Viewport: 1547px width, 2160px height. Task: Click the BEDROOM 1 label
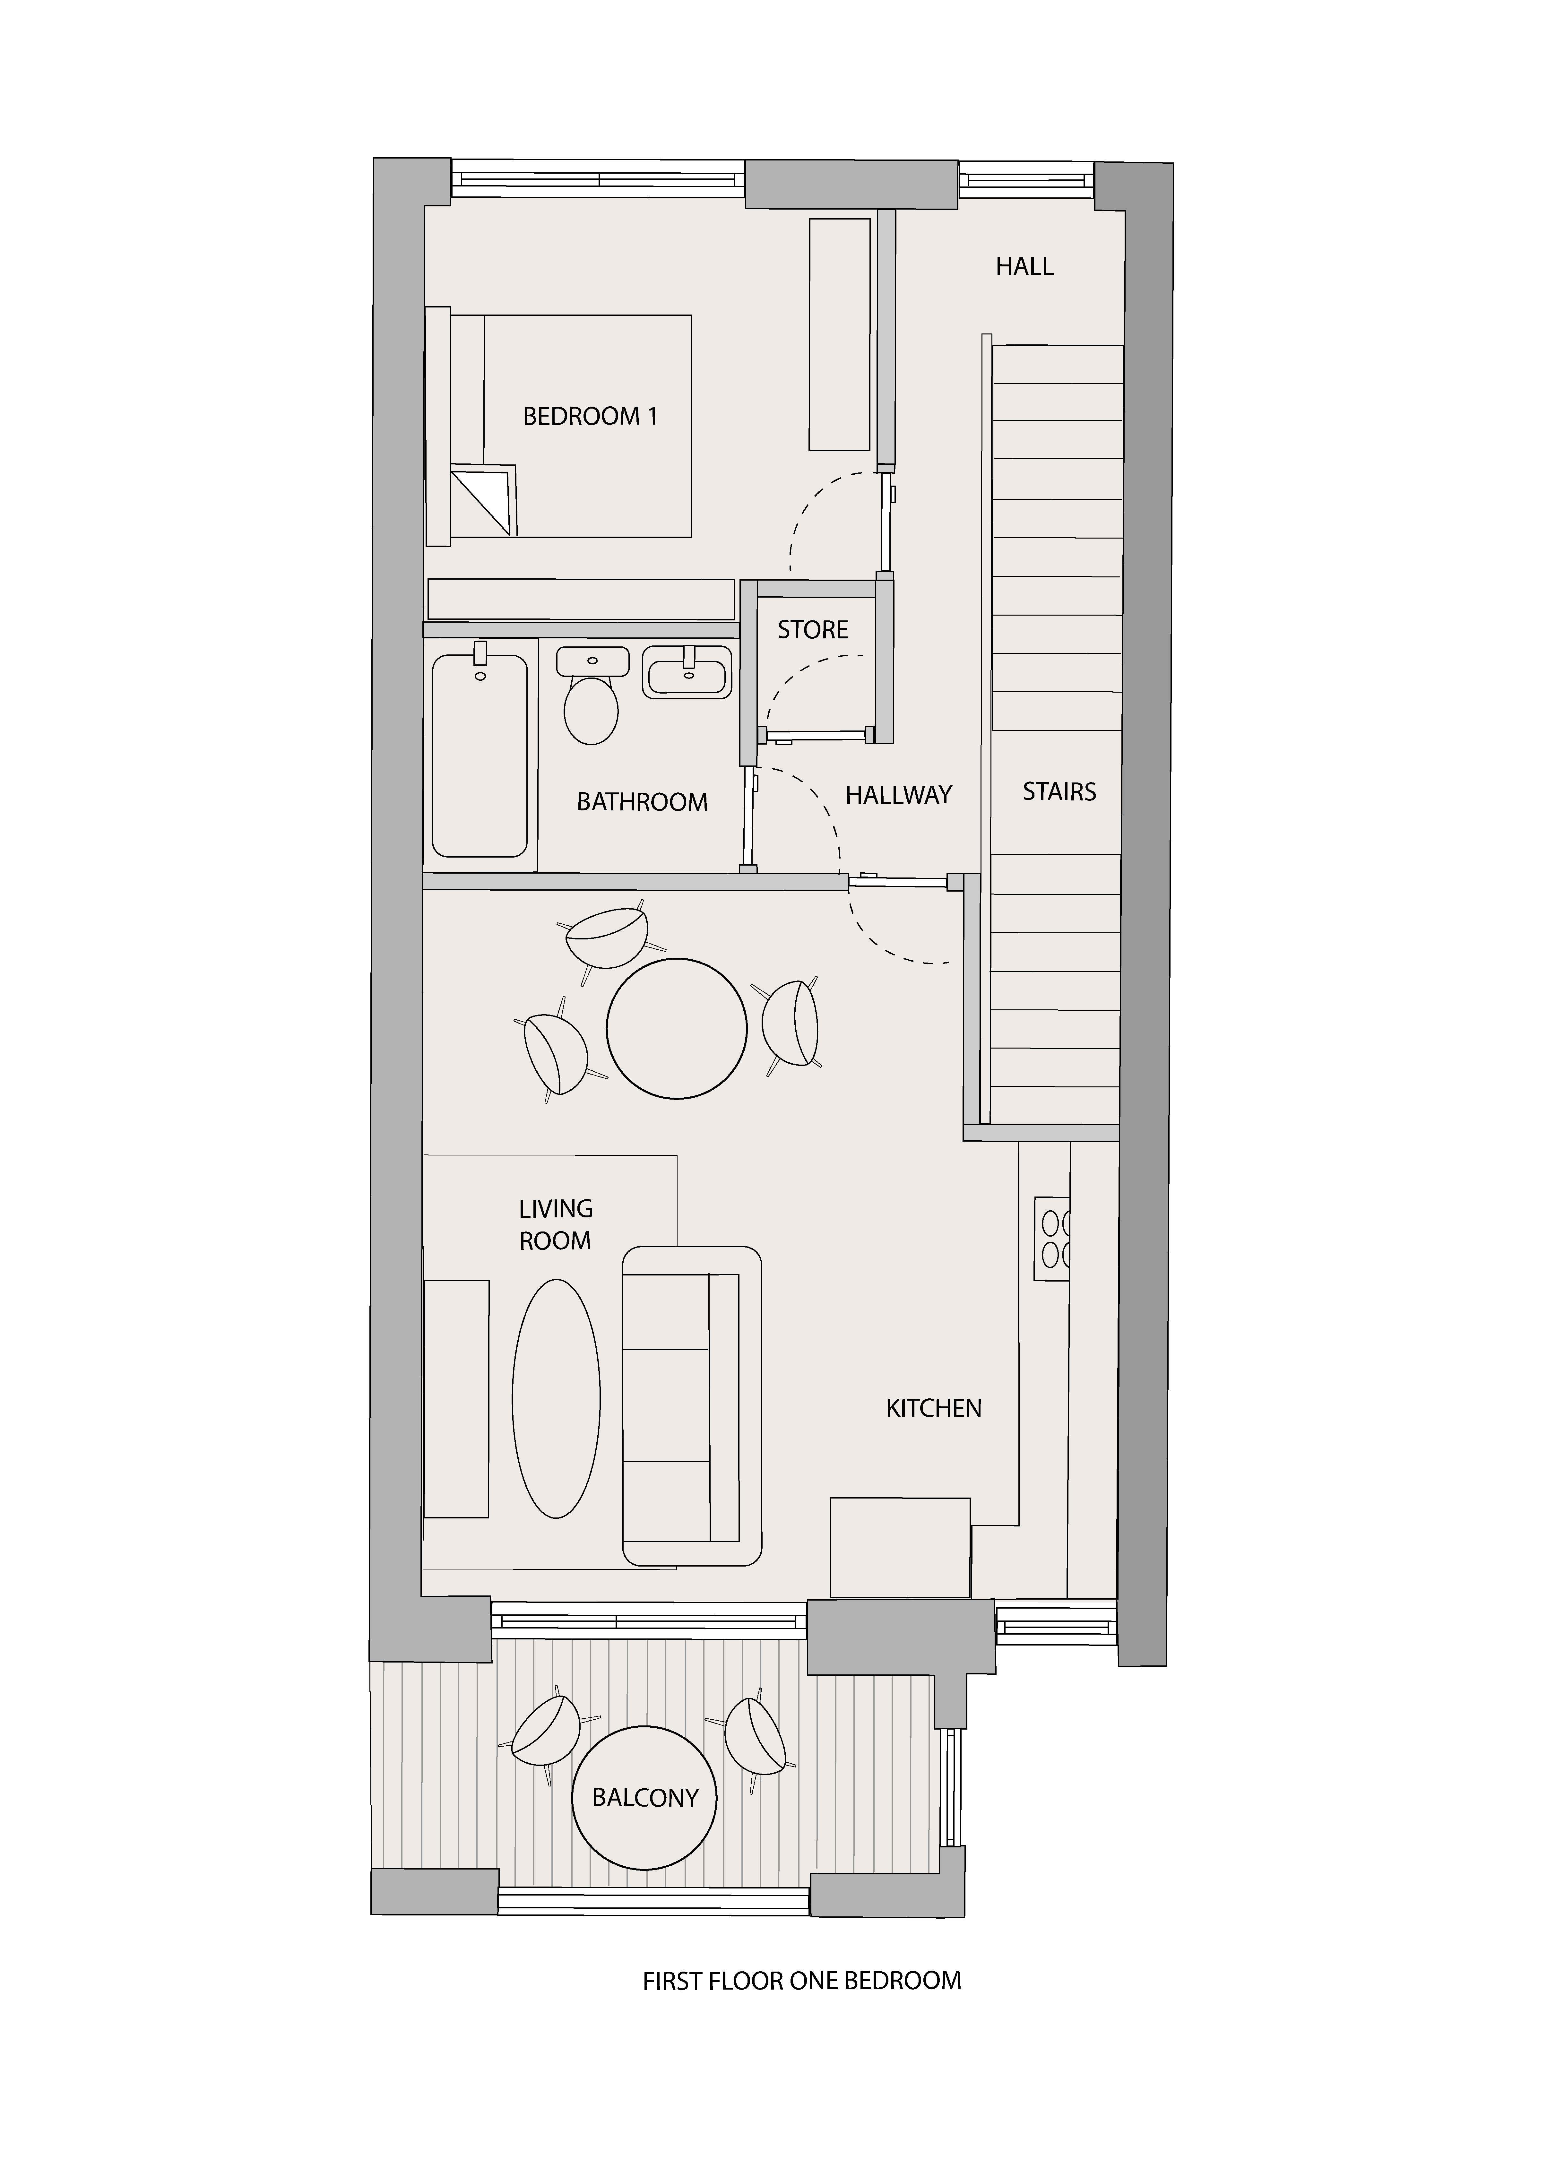(590, 416)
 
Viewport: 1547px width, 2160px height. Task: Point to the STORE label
(813, 629)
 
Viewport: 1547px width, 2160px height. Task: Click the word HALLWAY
(898, 794)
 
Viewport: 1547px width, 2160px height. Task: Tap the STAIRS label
(1059, 791)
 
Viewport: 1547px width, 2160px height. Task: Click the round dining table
(676, 1030)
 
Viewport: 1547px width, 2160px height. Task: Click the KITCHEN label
(934, 1409)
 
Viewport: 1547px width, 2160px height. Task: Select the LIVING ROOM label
(555, 1225)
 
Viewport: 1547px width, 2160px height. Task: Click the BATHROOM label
(642, 802)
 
